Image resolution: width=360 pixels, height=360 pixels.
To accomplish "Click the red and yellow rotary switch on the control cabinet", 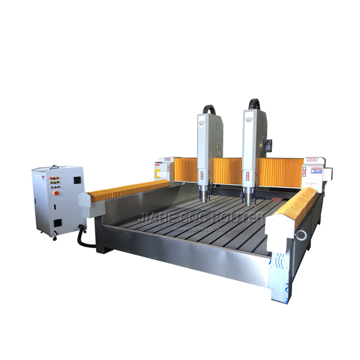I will point(56,193).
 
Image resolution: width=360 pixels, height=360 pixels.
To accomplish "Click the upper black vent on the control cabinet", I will point(77,180).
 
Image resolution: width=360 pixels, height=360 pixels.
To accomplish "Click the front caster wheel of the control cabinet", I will point(55,238).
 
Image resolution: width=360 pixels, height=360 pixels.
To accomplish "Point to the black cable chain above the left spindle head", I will point(207,109).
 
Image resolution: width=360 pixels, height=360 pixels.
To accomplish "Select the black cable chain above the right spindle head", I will point(254,103).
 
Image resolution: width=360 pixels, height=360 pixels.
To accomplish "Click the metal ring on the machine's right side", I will point(301,235).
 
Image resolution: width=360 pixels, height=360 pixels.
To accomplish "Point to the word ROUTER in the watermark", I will point(243,218).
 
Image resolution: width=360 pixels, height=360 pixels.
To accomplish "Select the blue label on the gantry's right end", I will point(316,170).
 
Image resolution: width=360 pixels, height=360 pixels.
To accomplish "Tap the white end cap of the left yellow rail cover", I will point(85,200).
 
